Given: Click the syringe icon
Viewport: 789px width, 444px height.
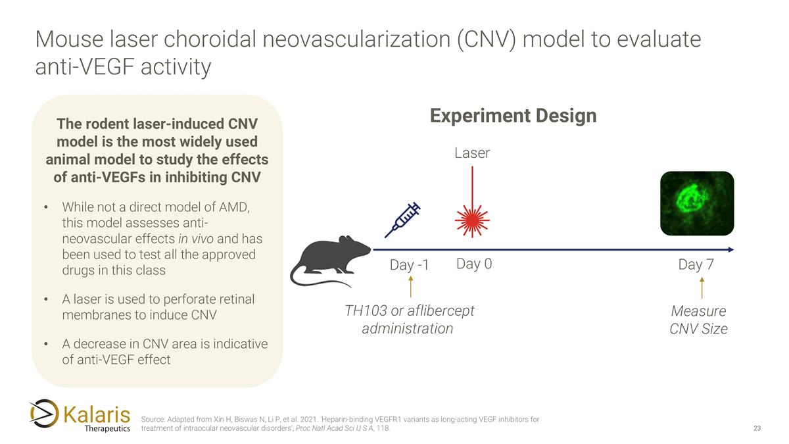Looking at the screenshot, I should coord(402,220).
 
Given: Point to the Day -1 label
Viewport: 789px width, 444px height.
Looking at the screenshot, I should coord(409,265).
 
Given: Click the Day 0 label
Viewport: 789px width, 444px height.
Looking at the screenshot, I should coord(474,264).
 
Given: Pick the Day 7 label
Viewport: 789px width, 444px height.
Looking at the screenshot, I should coord(696,265).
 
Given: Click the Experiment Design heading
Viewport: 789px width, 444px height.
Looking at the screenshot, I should coord(513,116).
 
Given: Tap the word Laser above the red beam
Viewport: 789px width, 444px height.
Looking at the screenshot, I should coord(472,153).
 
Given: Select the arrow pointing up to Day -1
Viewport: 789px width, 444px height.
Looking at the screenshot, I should coord(411,287).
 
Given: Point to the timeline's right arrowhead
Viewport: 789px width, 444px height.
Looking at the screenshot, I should coord(730,250).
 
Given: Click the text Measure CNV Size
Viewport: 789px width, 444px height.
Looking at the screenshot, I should coord(698,320).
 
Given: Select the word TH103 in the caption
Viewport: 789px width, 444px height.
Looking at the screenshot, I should coord(366,310).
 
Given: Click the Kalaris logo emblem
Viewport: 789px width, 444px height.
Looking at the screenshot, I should coord(44,413).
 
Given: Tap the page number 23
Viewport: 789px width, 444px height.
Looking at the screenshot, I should coord(757,429).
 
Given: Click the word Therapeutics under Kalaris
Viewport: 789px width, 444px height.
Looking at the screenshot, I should coord(108,429).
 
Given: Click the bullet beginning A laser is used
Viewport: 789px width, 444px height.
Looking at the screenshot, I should coord(158,307).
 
